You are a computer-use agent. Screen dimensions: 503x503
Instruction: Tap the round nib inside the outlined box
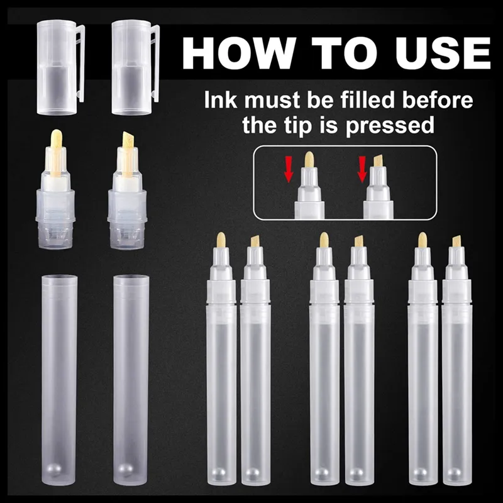[309, 160]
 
